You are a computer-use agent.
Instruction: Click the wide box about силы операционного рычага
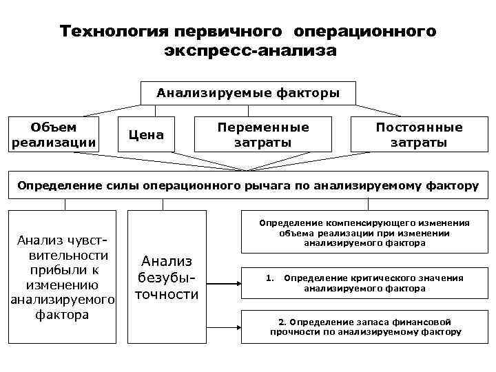(x=248, y=185)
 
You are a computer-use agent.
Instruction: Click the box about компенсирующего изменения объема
(x=364, y=233)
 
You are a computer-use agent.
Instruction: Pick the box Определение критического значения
(x=364, y=283)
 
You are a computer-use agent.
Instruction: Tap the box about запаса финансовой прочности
(x=364, y=327)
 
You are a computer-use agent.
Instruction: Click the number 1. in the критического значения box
(x=270, y=278)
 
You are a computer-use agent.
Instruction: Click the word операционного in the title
(x=365, y=32)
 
